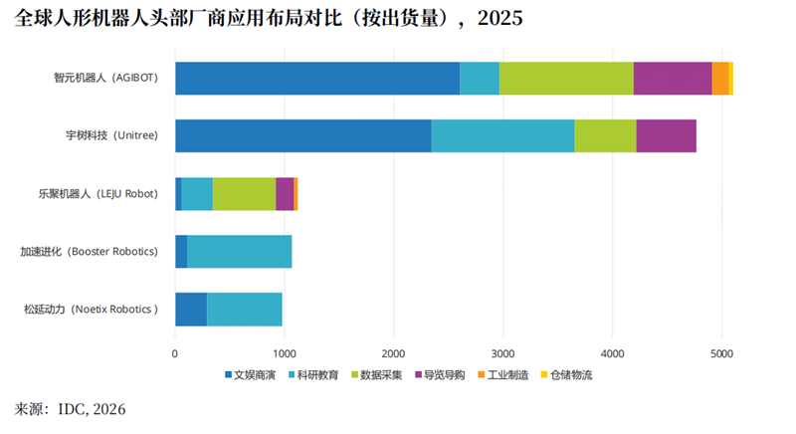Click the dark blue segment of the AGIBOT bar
pos(317,79)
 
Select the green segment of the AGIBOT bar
pos(566,79)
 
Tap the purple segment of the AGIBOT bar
pos(673,79)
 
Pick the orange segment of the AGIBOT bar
pos(719,79)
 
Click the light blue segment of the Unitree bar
pos(502,135)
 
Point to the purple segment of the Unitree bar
pos(666,135)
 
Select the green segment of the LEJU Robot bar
pos(244,193)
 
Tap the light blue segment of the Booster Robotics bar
pos(239,252)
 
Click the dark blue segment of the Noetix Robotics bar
pos(191,310)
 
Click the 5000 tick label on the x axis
pos(722,352)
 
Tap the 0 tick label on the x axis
pos(175,352)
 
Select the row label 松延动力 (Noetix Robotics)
pos(92,310)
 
